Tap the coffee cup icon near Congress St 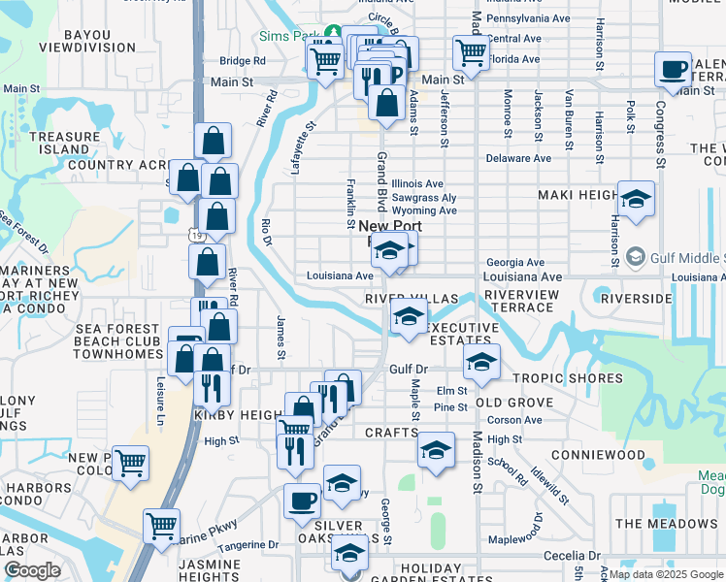[673, 70]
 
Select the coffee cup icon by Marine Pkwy [302, 501]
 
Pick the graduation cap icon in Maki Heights [636, 200]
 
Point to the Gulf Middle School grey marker [636, 257]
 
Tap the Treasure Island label [64, 144]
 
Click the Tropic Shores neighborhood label [567, 378]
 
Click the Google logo [31, 570]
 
